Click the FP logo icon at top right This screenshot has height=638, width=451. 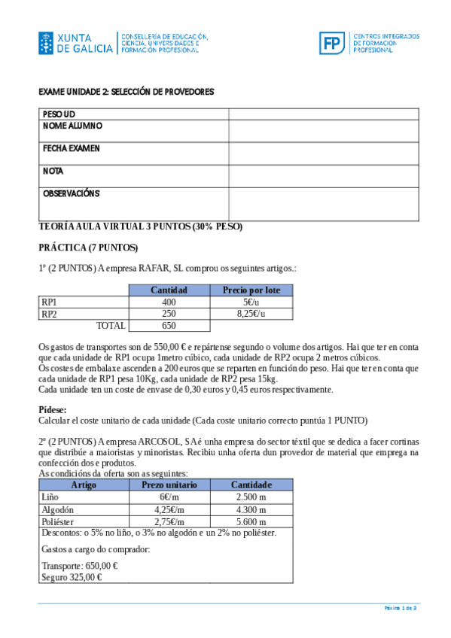pyautogui.click(x=331, y=43)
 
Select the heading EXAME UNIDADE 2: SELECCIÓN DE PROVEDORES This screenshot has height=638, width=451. pyautogui.click(x=126, y=92)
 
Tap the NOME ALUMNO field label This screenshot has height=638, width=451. pyautogui.click(x=72, y=126)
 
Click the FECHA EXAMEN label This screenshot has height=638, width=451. pyautogui.click(x=72, y=148)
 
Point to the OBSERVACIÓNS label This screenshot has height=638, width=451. pyautogui.click(x=72, y=193)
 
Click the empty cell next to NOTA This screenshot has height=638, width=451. pyautogui.click(x=323, y=176)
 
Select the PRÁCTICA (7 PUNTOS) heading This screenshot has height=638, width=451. pyautogui.click(x=88, y=247)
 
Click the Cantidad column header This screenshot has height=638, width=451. pyautogui.click(x=169, y=290)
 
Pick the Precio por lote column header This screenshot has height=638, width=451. pyautogui.click(x=251, y=290)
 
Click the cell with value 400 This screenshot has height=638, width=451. pyautogui.click(x=169, y=302)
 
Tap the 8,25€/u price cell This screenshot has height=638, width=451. pyautogui.click(x=251, y=314)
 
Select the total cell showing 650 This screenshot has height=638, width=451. pyautogui.click(x=169, y=326)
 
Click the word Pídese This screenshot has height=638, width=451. pyautogui.click(x=52, y=409)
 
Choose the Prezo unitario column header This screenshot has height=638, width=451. pyautogui.click(x=169, y=485)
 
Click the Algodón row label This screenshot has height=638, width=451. pyautogui.click(x=57, y=509)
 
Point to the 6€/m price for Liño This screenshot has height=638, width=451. pyautogui.click(x=169, y=497)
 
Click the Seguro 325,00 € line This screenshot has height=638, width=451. pyautogui.click(x=72, y=577)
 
